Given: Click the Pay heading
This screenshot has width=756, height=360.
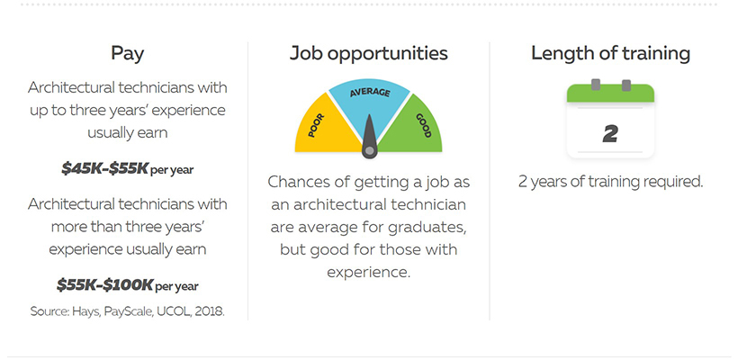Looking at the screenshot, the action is coord(127,53).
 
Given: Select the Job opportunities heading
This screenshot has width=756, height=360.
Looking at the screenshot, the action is coord(368,53).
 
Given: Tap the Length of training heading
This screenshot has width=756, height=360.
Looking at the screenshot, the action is coord(610,53).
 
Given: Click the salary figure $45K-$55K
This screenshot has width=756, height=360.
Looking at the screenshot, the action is coord(104,168).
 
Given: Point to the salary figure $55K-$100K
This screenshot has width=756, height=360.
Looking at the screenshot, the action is coord(104,284).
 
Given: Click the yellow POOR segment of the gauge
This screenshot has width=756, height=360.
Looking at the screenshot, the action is coord(322,127).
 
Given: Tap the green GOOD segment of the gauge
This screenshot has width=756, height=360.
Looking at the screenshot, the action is coord(416,127).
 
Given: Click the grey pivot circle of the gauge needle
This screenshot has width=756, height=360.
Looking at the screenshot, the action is coord(369,151).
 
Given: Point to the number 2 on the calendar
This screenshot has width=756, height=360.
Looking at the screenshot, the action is coord(610,134).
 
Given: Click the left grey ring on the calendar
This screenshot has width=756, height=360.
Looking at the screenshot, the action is coord(596,85).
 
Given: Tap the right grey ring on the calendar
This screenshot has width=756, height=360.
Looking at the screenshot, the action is coord(625,85).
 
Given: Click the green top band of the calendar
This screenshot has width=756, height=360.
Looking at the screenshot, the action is coord(610,94).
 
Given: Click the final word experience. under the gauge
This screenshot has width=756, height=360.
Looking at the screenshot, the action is coord(368,273).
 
